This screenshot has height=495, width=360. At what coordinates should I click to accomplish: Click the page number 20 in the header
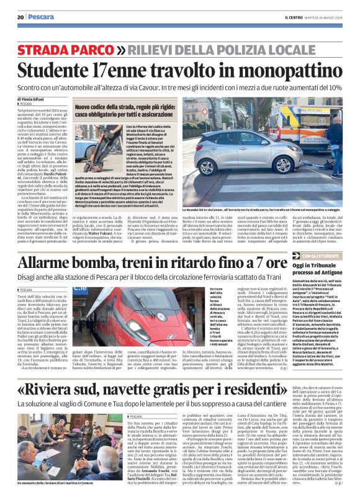click(x=20, y=17)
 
